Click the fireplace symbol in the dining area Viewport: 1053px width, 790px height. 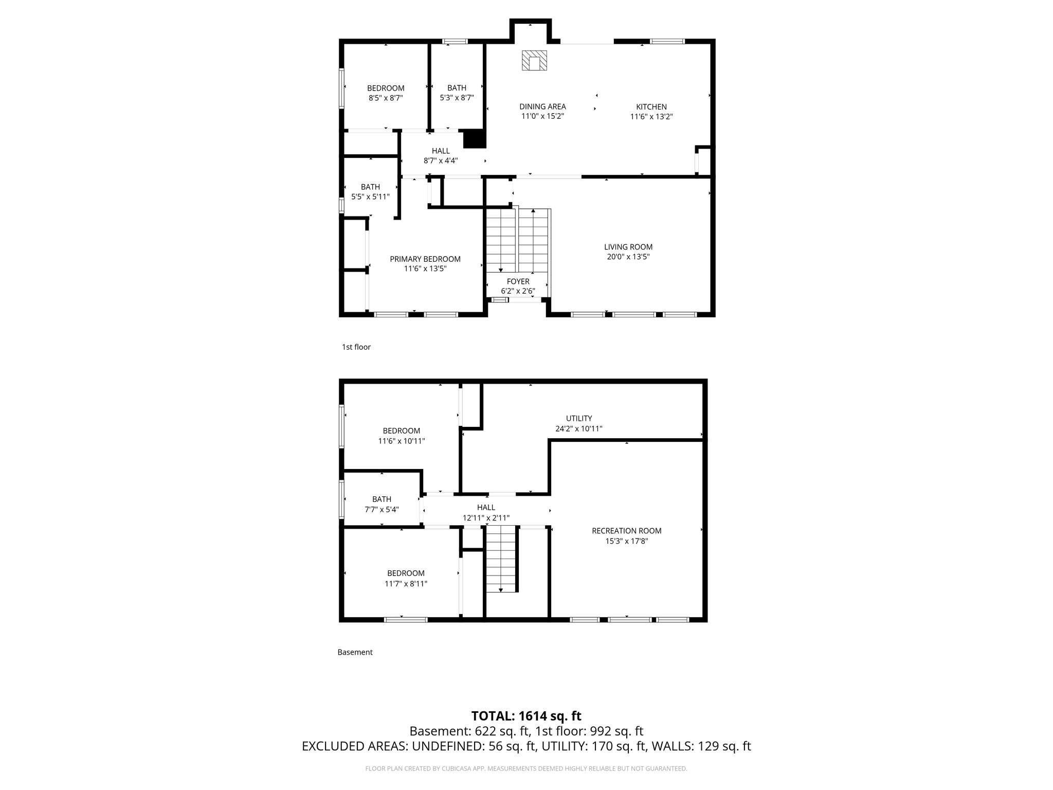534,61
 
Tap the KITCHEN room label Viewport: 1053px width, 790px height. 651,107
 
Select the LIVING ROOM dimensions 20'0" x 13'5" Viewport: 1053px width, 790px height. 628,257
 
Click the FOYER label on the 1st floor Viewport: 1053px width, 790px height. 518,281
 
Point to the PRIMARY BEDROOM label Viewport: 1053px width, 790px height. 425,259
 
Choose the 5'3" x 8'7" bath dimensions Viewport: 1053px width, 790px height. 457,98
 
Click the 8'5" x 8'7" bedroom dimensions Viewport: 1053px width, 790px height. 385,98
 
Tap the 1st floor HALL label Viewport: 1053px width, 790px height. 441,151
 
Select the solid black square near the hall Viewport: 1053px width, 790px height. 475,139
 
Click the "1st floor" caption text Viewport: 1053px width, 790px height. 356,347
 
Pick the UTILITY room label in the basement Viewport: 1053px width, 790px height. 579,419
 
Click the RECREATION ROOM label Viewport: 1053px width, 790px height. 626,531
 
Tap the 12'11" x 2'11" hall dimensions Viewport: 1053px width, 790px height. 486,518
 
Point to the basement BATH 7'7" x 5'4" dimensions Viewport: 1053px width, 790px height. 382,510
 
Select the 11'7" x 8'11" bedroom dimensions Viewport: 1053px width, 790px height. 406,584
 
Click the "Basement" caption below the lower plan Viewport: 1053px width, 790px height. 355,652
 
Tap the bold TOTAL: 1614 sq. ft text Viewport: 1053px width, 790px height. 526,716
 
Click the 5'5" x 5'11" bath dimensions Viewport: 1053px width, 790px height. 370,196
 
